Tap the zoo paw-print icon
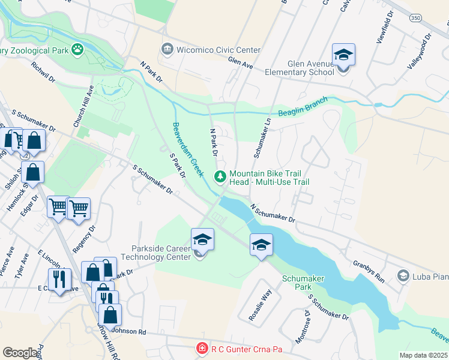point(77,49)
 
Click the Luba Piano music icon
point(403,276)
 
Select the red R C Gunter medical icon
point(203,348)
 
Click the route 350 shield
point(416,19)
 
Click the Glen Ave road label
point(240,62)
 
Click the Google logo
point(20,353)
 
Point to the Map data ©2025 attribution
point(423,355)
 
